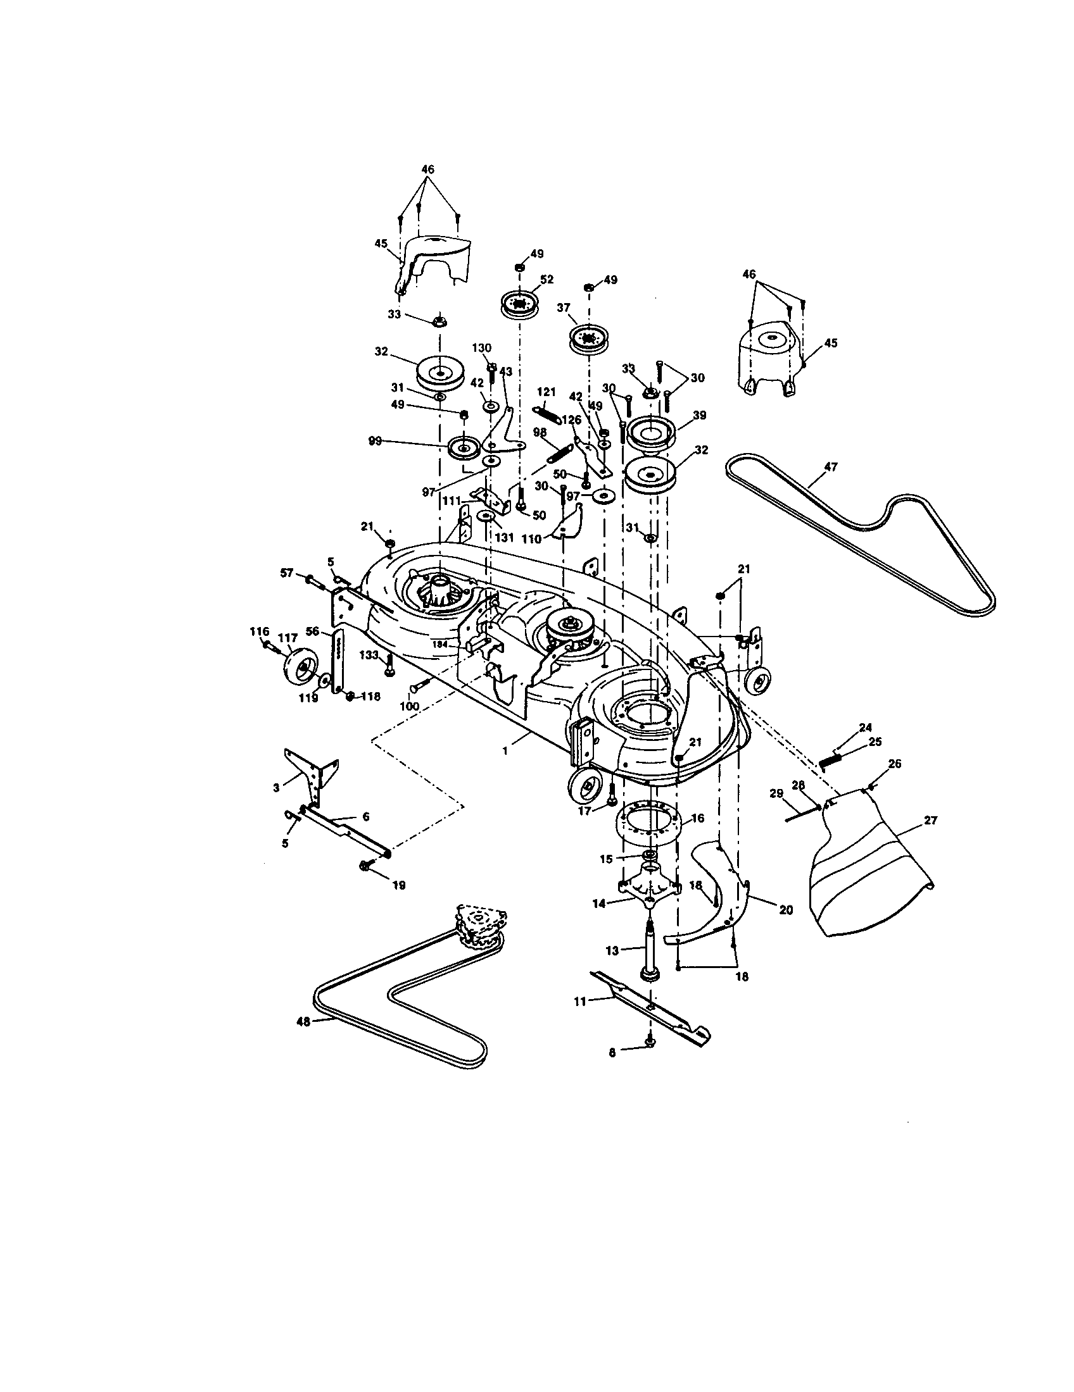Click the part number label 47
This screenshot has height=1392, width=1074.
(x=830, y=467)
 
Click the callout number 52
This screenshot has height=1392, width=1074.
(x=546, y=279)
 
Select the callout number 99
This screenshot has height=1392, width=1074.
(x=375, y=440)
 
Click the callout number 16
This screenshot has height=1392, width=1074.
(x=698, y=817)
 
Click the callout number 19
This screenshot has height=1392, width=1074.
(x=398, y=885)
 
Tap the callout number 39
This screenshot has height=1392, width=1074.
(x=700, y=415)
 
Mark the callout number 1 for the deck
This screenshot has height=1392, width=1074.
(x=505, y=752)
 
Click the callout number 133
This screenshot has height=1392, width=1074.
(x=369, y=656)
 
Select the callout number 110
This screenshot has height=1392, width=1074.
(x=531, y=539)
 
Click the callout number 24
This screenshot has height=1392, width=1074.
(x=866, y=726)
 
